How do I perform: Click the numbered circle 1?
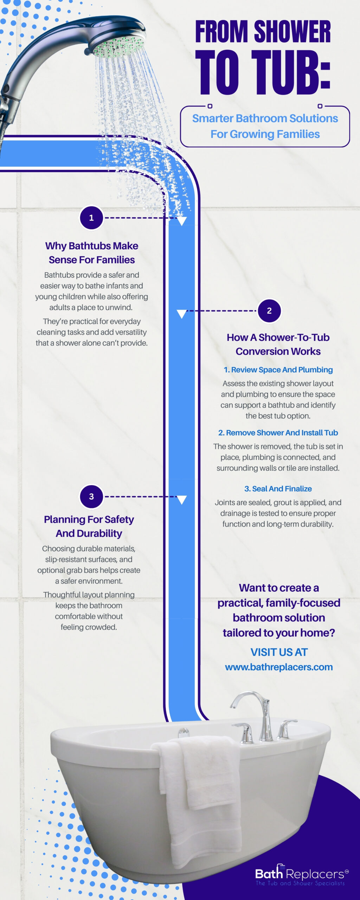(x=91, y=218)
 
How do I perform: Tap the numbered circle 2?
(x=269, y=311)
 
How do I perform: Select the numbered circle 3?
(x=91, y=496)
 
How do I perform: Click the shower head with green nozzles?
(x=116, y=39)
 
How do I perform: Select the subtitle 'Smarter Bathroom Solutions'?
(x=265, y=118)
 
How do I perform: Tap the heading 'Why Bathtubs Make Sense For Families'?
(x=91, y=253)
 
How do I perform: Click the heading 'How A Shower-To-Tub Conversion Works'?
(x=278, y=344)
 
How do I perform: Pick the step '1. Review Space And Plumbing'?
(x=278, y=370)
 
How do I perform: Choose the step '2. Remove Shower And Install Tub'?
(x=278, y=433)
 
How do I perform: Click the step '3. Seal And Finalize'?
(x=278, y=489)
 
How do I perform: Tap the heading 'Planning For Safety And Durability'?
(x=89, y=526)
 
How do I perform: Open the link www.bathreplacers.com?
(x=279, y=667)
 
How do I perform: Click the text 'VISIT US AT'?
(x=279, y=652)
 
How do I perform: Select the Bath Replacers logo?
(x=302, y=875)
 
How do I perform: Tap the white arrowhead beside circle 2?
(x=181, y=314)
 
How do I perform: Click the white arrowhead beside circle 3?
(x=181, y=500)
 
